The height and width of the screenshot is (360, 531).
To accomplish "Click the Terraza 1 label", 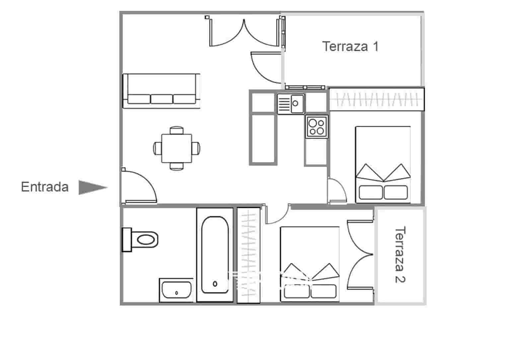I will click(350, 46).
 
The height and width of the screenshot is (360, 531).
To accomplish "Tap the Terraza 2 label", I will click(400, 254).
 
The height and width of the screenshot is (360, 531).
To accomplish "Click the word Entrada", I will click(45, 187).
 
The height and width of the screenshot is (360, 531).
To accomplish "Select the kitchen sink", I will click(291, 104).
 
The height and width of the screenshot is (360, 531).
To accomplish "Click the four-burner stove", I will click(316, 127).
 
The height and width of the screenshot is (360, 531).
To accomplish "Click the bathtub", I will click(215, 255).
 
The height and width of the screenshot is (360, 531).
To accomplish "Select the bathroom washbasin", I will click(176, 290).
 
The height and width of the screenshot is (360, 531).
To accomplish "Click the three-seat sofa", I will click(162, 91).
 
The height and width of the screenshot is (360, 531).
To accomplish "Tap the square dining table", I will click(177, 148).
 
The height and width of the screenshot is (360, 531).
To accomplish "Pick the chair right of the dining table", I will click(196, 148).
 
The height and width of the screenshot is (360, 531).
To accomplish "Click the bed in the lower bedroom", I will click(310, 264).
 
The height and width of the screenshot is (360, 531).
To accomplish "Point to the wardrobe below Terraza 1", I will click(376, 99).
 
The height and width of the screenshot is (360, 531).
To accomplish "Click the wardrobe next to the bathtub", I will click(248, 255).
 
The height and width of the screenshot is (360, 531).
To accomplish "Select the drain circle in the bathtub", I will click(215, 284).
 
